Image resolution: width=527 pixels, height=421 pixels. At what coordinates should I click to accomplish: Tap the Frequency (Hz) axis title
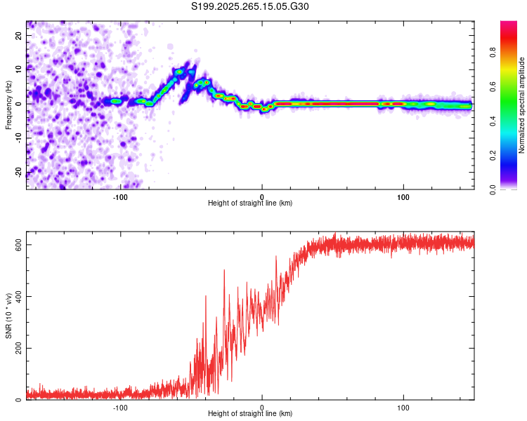pyautogui.click(x=8, y=104)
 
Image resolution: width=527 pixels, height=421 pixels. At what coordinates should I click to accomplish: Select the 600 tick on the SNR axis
pyautogui.click(x=17, y=244)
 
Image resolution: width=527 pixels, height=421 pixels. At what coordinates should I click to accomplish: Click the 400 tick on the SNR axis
pyautogui.click(x=17, y=296)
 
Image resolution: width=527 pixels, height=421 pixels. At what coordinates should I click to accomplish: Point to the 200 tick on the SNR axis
pyautogui.click(x=17, y=348)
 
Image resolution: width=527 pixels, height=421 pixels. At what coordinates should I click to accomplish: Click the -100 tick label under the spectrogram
pyautogui.click(x=120, y=196)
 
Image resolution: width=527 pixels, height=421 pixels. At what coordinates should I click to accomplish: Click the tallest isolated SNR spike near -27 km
pyautogui.click(x=224, y=271)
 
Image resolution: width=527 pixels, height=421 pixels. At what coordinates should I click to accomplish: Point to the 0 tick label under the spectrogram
pyautogui.click(x=262, y=196)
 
